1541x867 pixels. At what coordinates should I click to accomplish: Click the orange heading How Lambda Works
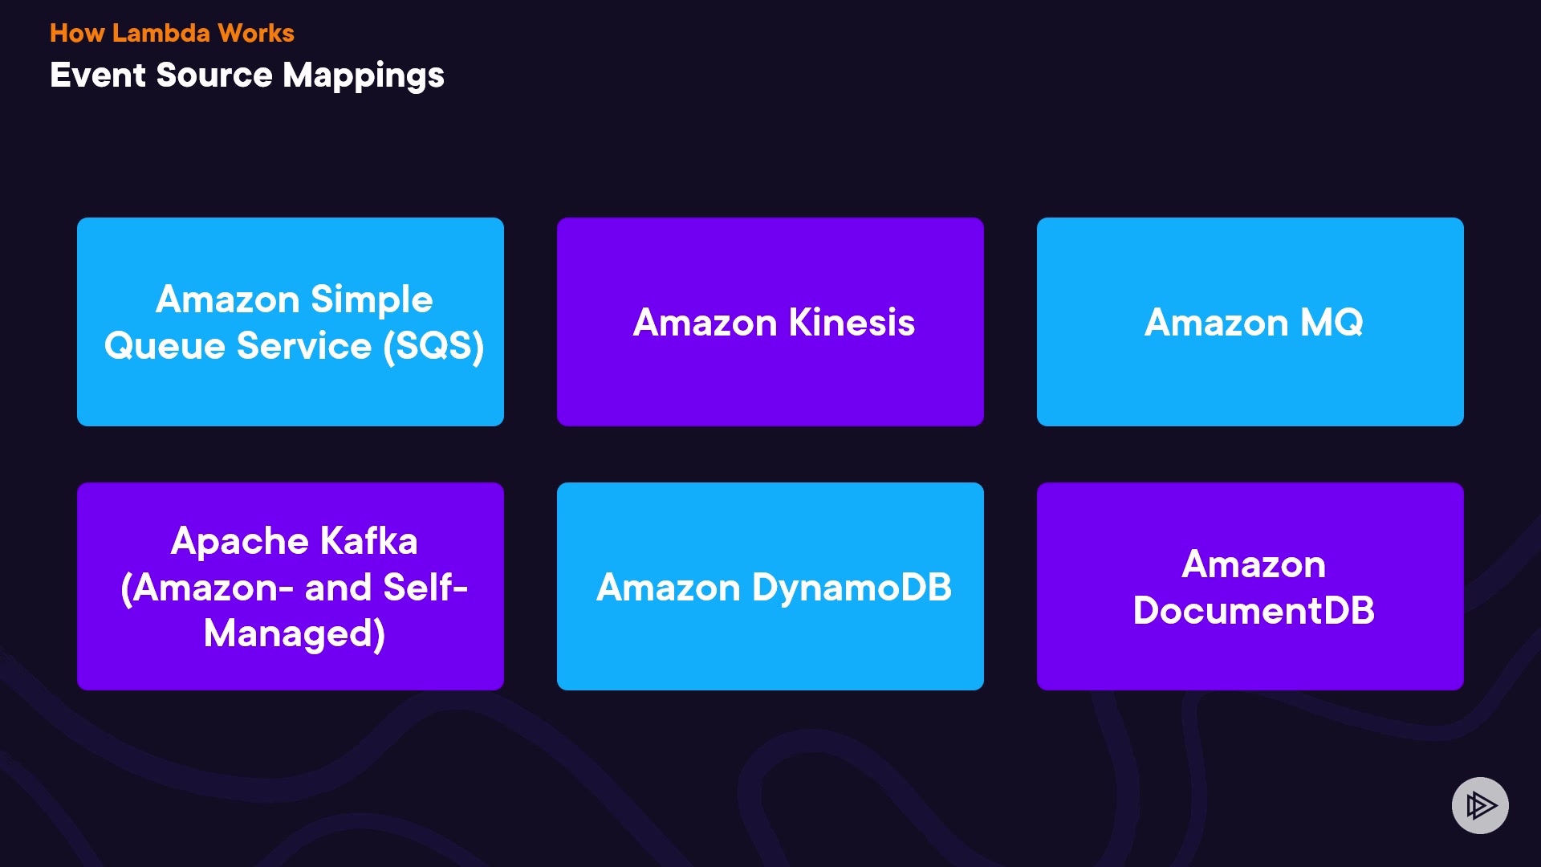click(172, 33)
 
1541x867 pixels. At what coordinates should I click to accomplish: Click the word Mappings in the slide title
click(363, 76)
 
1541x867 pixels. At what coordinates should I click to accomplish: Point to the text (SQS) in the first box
click(433, 347)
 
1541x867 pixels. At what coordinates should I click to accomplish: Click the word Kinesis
click(852, 323)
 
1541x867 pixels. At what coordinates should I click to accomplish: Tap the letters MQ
click(1331, 323)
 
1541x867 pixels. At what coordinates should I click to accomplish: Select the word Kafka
click(369, 541)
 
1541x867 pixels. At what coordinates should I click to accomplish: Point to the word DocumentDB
click(1254, 611)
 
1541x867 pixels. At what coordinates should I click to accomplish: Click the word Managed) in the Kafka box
click(295, 634)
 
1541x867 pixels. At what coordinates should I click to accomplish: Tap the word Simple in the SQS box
click(372, 300)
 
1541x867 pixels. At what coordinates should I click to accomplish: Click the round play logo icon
click(1480, 805)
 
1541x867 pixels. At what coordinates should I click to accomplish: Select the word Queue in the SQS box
click(165, 347)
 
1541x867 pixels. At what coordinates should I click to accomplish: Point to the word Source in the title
click(214, 75)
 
